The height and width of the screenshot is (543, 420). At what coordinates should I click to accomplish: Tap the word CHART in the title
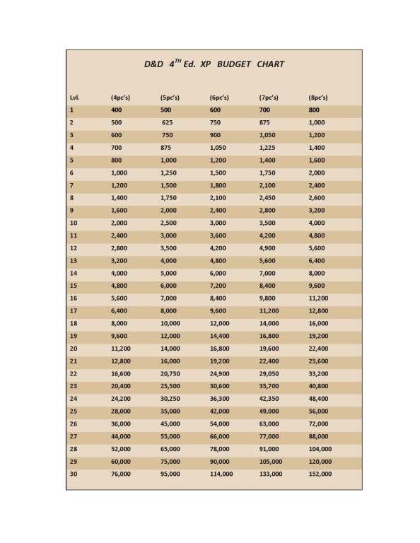(271, 64)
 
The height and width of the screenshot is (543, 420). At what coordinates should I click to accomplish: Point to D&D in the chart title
(153, 64)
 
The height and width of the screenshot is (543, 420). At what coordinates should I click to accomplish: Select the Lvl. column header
(74, 97)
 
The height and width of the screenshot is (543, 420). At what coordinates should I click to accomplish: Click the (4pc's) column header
(120, 97)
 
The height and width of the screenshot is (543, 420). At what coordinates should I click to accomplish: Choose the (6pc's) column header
(219, 97)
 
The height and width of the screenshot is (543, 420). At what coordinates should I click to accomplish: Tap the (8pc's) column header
(318, 97)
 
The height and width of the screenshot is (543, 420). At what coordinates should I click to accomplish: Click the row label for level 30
(74, 474)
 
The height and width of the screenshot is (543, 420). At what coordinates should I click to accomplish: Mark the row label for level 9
(72, 209)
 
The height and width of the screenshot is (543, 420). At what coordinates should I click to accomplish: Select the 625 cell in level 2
(168, 122)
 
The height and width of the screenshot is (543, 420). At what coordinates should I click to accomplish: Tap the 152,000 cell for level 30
(320, 474)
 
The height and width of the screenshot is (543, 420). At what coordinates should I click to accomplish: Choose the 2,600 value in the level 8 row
(317, 197)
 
